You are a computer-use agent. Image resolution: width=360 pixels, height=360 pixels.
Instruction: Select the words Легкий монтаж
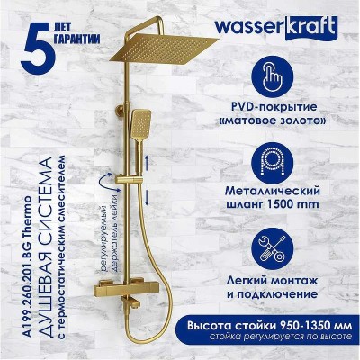coord(272,282)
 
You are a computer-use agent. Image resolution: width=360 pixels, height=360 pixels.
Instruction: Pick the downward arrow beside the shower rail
coord(147,198)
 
